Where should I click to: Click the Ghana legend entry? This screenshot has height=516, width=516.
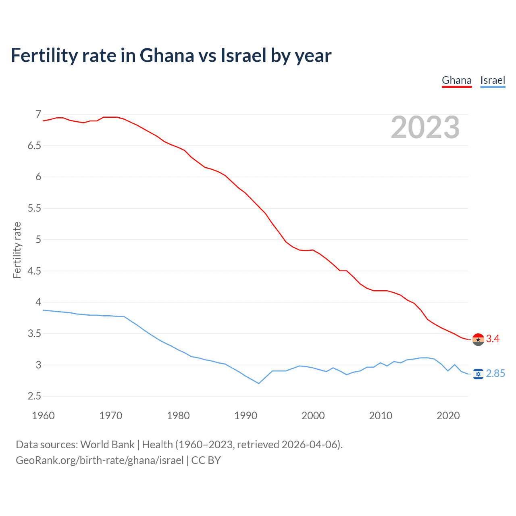(456, 80)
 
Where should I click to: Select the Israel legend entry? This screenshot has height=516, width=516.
(493, 80)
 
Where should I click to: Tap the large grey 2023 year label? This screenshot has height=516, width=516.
(425, 127)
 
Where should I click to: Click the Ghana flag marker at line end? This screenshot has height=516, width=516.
(478, 339)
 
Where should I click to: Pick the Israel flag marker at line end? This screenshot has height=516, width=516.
(478, 374)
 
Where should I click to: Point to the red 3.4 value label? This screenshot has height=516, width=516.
(493, 339)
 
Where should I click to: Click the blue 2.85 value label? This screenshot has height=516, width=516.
(495, 374)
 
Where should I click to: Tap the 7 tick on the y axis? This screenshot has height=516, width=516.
(38, 114)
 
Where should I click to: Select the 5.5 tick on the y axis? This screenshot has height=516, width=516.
(34, 208)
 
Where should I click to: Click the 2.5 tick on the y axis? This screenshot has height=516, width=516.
(34, 396)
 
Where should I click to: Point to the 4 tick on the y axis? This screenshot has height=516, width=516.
(38, 302)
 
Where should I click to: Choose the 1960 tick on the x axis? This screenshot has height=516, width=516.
(43, 416)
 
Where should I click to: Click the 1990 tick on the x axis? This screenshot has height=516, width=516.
(246, 416)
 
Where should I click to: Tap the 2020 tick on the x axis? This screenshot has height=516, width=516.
(448, 416)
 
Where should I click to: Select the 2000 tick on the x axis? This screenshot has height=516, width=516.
(313, 416)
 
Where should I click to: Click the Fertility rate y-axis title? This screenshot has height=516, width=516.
(17, 250)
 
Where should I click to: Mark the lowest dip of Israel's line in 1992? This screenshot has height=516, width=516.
(259, 383)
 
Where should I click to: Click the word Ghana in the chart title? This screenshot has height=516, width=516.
(166, 55)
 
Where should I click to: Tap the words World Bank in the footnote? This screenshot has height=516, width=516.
(107, 445)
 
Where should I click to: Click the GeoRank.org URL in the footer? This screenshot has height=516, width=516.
(100, 460)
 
